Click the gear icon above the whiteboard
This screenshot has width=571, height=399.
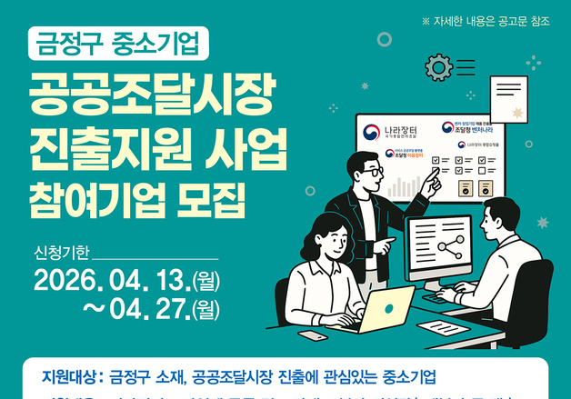pos(438,65)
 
